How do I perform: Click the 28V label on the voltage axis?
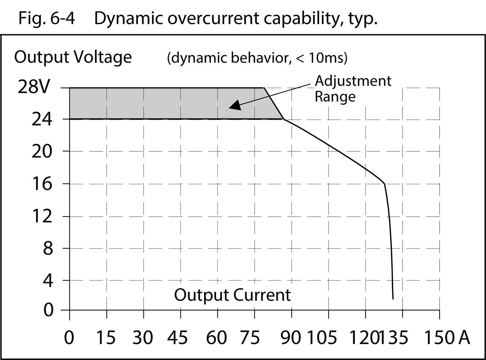click(x=34, y=87)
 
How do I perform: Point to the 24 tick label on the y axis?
click(x=41, y=120)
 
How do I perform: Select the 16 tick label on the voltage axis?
click(x=41, y=184)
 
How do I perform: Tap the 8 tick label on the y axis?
click(x=48, y=249)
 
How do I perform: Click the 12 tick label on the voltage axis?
click(x=41, y=216)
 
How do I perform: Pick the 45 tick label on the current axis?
click(x=177, y=337)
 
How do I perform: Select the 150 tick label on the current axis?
click(x=439, y=337)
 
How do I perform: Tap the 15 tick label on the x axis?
click(x=106, y=337)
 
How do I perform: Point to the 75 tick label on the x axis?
click(x=249, y=337)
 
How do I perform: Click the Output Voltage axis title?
click(x=73, y=57)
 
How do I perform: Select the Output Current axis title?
click(x=232, y=295)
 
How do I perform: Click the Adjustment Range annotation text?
click(x=353, y=89)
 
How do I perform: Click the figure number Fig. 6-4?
click(x=46, y=18)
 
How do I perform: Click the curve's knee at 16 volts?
click(x=384, y=184)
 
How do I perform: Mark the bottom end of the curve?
click(x=393, y=298)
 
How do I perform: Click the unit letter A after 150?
click(x=464, y=337)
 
